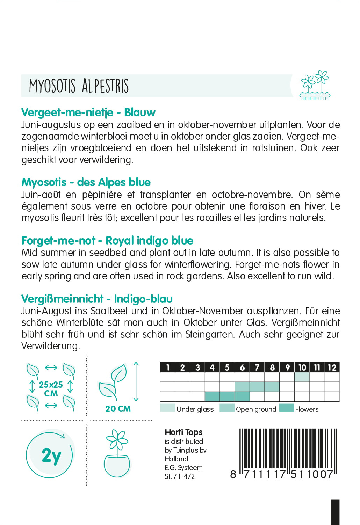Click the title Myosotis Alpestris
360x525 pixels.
(x=79, y=86)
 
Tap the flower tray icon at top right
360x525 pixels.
(x=315, y=86)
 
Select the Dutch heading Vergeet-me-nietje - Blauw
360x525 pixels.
(x=88, y=112)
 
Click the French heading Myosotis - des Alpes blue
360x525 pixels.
(x=86, y=182)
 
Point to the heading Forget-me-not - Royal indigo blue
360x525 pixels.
(x=107, y=241)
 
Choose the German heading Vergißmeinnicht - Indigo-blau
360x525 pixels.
(x=97, y=299)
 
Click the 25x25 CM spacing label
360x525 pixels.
(x=51, y=389)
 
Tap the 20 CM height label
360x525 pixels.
(x=118, y=409)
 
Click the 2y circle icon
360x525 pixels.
(x=51, y=455)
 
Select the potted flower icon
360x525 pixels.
(x=117, y=454)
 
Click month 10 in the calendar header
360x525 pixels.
(x=302, y=367)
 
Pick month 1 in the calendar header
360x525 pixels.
(x=168, y=367)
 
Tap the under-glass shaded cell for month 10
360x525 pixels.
(x=302, y=377)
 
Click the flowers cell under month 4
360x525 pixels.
(x=212, y=397)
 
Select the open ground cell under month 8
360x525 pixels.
(x=272, y=387)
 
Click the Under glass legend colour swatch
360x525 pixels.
(x=167, y=408)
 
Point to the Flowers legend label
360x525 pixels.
(x=307, y=409)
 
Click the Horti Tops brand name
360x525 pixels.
(x=183, y=432)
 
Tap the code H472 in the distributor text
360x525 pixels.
(x=187, y=476)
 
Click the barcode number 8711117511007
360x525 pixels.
(x=282, y=474)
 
